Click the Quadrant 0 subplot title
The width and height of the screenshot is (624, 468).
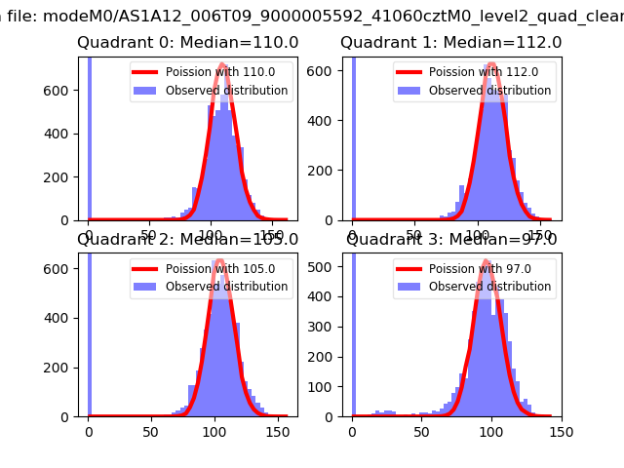pyautogui.click(x=188, y=43)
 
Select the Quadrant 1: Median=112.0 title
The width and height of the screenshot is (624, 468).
pyautogui.click(x=450, y=43)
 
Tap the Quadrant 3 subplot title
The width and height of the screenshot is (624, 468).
pyautogui.click(x=450, y=240)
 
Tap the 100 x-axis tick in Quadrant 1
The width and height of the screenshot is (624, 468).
pyautogui.click(x=479, y=233)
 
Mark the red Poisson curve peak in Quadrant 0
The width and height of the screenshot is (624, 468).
pyautogui.click(x=222, y=65)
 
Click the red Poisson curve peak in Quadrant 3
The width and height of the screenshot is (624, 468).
pyautogui.click(x=486, y=261)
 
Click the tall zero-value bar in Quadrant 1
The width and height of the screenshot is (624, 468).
pyautogui.click(x=353, y=136)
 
